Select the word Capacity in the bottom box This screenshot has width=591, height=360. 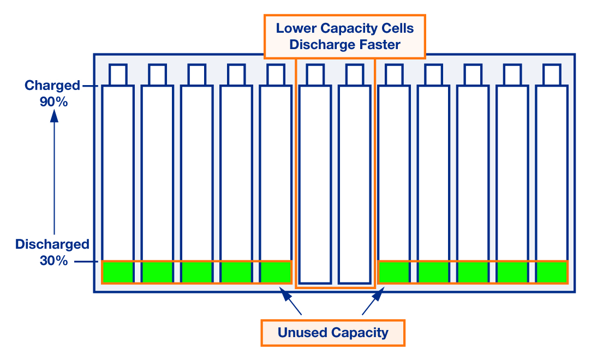[360, 333]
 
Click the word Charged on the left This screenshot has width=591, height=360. [52, 86]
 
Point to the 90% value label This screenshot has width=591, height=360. [53, 101]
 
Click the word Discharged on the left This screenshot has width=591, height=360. [52, 244]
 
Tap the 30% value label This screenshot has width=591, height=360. [53, 261]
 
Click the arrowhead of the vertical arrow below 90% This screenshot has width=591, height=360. [54, 116]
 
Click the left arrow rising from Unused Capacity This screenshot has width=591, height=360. [290, 301]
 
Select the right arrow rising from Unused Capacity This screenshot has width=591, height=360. [373, 301]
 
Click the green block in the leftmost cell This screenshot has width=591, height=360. [118, 272]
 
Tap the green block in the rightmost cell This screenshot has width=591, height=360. [552, 272]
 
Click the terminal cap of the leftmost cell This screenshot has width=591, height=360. [118, 75]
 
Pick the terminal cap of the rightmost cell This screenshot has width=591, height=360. [552, 75]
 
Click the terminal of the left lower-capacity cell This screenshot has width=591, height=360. [315, 75]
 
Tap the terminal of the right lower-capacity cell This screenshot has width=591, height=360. [355, 75]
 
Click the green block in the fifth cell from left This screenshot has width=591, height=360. [276, 272]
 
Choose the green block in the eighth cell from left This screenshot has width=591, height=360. [394, 272]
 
